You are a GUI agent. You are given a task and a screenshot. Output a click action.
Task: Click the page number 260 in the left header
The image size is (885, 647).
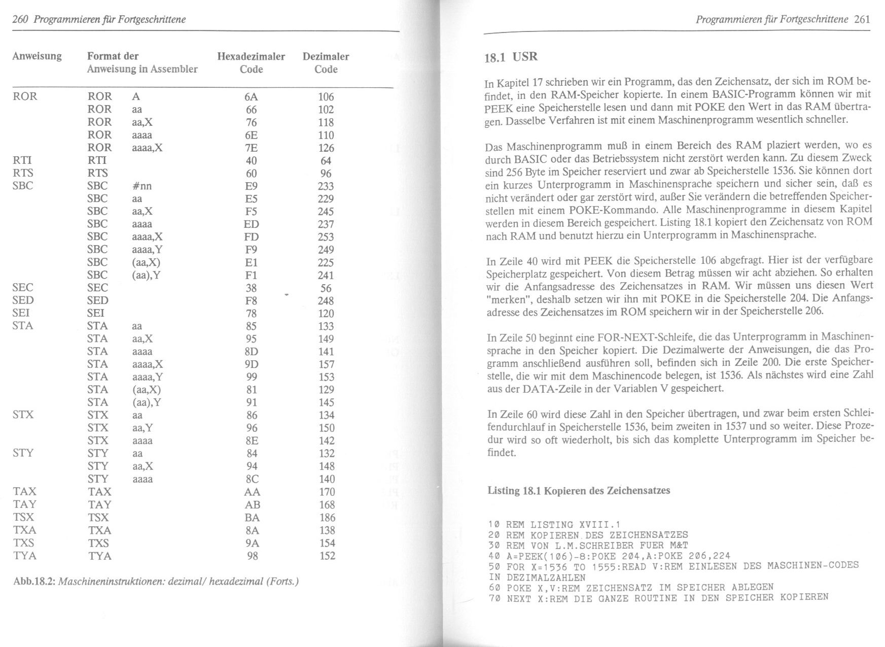20,19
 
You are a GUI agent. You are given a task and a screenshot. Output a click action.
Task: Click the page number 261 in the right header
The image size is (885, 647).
862,19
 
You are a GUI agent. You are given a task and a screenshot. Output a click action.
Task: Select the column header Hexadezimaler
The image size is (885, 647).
251,56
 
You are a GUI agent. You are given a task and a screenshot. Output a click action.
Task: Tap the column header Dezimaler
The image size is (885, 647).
326,56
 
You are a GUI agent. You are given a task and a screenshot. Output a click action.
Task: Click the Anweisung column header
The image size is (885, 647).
37,56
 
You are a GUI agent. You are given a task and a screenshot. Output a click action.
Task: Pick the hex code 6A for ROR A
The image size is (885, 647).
251,97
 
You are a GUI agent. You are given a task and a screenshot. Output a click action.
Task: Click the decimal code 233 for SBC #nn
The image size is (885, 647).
326,186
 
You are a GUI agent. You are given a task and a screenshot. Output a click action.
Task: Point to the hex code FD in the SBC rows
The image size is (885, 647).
251,237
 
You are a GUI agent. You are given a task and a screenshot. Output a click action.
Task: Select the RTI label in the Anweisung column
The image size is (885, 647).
22,161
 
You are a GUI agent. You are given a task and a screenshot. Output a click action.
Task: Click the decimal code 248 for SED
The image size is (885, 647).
326,301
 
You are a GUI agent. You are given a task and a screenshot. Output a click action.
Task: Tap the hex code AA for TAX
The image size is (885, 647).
252,492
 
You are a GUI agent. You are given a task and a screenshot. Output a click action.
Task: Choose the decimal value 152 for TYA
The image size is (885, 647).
327,556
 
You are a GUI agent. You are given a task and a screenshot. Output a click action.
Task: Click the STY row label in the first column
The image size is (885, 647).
23,453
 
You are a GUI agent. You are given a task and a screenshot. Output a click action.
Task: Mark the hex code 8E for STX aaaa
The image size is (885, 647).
252,440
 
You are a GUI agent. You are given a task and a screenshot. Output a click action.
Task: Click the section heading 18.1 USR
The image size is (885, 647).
511,57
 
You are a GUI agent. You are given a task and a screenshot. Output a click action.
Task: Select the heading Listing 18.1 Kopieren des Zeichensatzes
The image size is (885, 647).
579,491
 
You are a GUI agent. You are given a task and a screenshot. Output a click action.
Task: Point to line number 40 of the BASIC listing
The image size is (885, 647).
494,556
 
